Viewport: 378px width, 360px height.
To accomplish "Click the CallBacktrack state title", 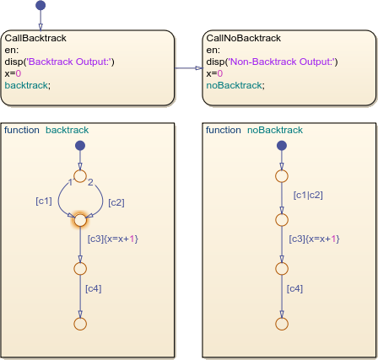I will tap(35, 39).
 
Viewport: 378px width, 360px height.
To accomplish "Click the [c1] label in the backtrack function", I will tap(43, 201).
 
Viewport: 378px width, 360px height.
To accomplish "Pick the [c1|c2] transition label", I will tap(307, 195).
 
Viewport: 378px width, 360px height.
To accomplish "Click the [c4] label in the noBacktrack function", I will tap(295, 289).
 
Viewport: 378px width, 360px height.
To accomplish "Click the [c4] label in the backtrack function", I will tap(94, 289).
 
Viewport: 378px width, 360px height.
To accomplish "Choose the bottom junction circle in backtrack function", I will tap(80, 323).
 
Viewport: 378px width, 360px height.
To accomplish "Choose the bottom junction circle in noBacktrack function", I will tap(281, 323).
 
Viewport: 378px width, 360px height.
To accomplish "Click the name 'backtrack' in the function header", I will tap(67, 131).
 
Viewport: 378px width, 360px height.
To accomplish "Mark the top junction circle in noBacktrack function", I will tap(281, 175).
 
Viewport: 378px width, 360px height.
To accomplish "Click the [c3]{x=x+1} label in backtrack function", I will tap(112, 239).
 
